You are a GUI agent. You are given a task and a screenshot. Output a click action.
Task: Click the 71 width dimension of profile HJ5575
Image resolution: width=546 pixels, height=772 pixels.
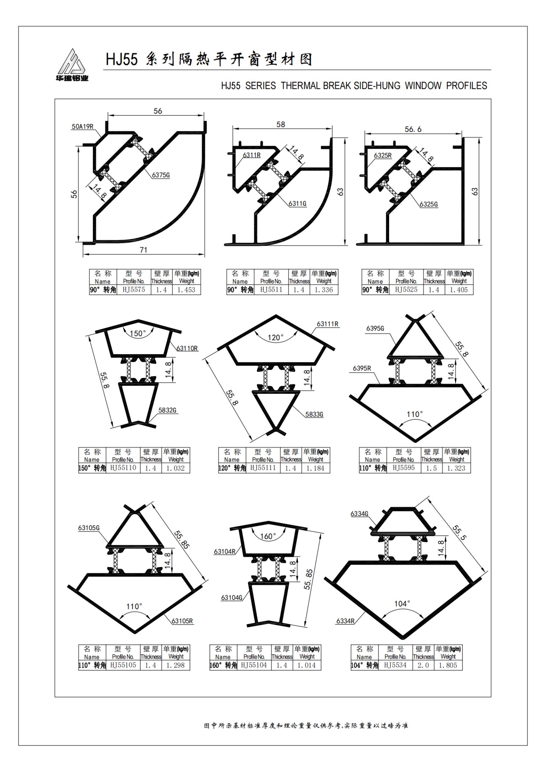pyautogui.click(x=143, y=250)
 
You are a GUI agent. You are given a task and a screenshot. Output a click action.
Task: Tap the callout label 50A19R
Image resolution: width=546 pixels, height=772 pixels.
pyautogui.click(x=83, y=127)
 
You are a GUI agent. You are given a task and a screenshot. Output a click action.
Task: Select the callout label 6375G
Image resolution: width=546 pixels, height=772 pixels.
pyautogui.click(x=161, y=175)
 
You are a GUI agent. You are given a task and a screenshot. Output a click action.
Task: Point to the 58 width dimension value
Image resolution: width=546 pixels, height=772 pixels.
pyautogui.click(x=280, y=124)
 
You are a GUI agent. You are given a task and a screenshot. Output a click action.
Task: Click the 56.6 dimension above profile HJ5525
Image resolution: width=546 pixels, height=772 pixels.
pyautogui.click(x=413, y=129)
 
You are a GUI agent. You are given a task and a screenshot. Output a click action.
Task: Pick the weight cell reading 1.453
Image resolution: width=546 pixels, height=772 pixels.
pyautogui.click(x=186, y=289)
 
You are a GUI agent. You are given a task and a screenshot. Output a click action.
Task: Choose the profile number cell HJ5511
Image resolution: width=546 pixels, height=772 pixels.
pyautogui.click(x=271, y=289)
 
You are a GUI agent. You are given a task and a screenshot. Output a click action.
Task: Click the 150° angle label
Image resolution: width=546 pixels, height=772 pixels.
pyautogui.click(x=138, y=333)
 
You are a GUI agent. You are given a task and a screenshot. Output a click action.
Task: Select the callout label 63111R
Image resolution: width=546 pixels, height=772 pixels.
pyautogui.click(x=327, y=324)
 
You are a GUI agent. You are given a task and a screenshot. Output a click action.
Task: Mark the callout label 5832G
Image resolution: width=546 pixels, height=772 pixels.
pyautogui.click(x=167, y=410)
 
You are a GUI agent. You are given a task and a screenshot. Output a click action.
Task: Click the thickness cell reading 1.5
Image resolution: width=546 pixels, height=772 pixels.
pyautogui.click(x=431, y=468)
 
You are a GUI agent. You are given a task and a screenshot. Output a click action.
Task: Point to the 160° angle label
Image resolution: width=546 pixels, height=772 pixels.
pyautogui.click(x=268, y=536)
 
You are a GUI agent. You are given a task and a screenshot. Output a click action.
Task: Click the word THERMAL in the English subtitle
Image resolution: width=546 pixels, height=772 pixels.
pyautogui.click(x=301, y=86)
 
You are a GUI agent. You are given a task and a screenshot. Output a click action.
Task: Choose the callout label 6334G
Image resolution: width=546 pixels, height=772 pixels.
pyautogui.click(x=359, y=514)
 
